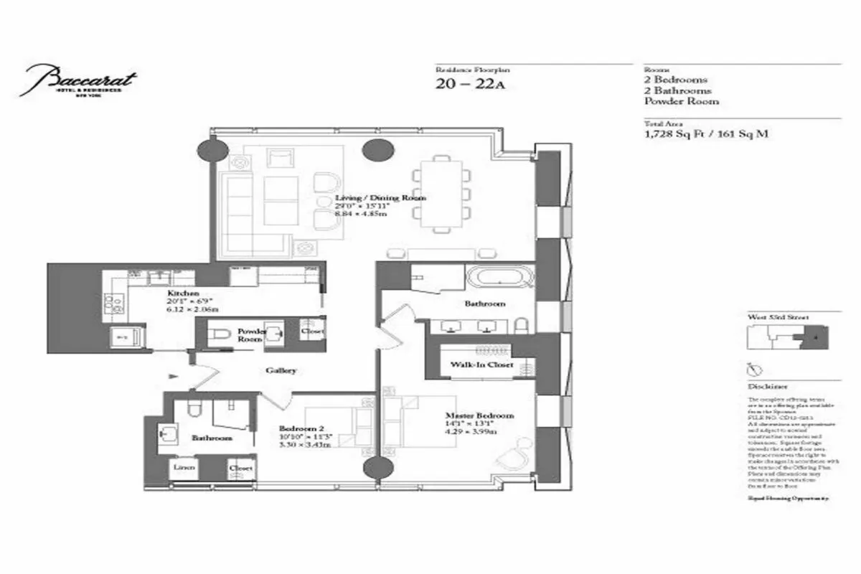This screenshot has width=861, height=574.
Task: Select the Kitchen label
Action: tap(178, 294)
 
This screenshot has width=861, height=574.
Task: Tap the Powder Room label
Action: tap(252, 335)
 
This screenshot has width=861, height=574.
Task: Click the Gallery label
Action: tap(281, 371)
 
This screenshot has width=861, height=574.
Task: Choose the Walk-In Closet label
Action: tap(481, 365)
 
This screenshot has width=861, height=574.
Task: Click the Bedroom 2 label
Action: tap(298, 430)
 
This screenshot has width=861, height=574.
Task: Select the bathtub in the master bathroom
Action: tap(499, 277)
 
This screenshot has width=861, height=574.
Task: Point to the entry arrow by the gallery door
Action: tap(172, 376)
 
